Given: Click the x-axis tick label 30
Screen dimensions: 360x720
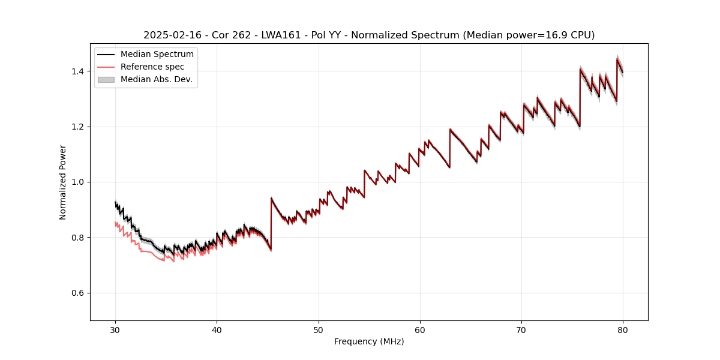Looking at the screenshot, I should (x=115, y=329).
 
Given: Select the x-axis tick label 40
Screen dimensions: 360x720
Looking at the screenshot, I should (x=217, y=329).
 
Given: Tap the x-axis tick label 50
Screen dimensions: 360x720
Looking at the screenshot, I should (x=319, y=329).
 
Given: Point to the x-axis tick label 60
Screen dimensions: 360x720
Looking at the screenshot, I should (x=420, y=329).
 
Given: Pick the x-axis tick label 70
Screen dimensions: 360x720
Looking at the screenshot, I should (x=521, y=329).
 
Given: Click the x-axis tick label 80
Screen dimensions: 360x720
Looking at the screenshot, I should (x=623, y=329).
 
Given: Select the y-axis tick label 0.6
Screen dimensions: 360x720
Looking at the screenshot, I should (x=79, y=293).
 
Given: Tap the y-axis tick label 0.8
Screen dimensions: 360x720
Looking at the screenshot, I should (x=79, y=238).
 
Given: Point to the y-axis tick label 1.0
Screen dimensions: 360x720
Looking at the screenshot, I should (x=79, y=182).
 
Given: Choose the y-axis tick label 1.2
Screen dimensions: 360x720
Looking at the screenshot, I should (x=79, y=127).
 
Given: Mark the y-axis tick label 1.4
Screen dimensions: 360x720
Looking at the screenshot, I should (x=79, y=71).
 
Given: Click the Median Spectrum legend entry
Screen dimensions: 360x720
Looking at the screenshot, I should (x=157, y=55).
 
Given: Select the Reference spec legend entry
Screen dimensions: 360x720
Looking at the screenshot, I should (x=152, y=67).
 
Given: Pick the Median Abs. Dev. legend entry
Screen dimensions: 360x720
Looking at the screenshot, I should (x=156, y=79).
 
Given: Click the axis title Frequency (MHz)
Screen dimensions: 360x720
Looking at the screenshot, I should (x=369, y=341).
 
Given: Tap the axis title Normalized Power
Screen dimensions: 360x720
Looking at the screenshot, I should (x=63, y=182).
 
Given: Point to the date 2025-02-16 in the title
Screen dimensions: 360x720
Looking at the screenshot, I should (x=170, y=35).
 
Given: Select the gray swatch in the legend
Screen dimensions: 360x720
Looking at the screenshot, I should (x=106, y=79).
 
